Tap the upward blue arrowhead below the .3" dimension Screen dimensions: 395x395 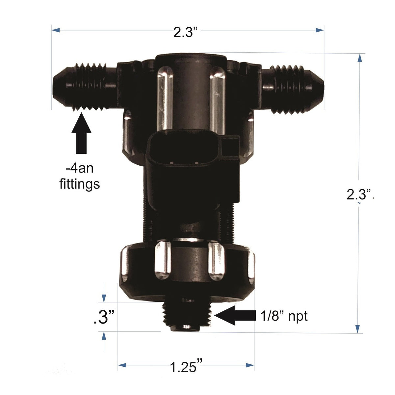click(104, 336)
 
